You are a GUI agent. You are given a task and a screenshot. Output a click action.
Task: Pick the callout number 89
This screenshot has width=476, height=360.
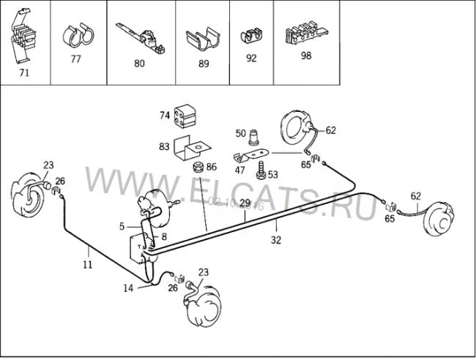(204, 64)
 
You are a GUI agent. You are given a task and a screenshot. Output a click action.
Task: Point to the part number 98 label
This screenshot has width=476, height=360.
(305, 55)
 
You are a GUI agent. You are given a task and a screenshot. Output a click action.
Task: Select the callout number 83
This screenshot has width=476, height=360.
(163, 146)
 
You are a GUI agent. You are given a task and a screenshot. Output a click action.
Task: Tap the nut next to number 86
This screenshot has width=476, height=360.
(198, 168)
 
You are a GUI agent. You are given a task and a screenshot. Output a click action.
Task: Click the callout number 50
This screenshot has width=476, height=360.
(241, 132)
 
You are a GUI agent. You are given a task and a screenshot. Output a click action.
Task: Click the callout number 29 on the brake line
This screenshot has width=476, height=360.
(245, 203)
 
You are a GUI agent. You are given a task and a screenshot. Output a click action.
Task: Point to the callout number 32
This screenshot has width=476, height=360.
(275, 238)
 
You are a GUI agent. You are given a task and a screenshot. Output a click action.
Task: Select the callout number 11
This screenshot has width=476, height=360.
(87, 264)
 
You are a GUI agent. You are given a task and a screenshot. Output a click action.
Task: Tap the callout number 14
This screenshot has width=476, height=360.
(128, 288)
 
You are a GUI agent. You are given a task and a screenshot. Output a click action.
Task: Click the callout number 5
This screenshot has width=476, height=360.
(123, 227)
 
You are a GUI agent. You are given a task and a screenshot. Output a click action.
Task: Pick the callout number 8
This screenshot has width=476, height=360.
(164, 236)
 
